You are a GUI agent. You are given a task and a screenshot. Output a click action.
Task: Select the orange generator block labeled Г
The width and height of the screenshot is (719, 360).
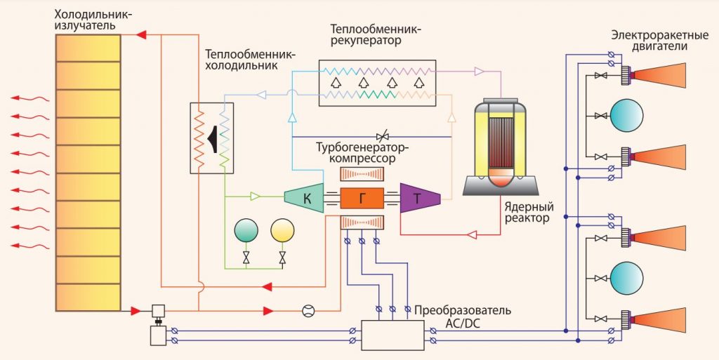point(362,199)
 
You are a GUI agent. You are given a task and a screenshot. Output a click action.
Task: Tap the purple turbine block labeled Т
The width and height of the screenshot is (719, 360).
point(418,199)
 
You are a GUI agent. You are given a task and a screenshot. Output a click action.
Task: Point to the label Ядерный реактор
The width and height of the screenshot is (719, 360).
point(528,213)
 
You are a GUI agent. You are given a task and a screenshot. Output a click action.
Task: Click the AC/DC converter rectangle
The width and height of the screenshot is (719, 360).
point(393,335)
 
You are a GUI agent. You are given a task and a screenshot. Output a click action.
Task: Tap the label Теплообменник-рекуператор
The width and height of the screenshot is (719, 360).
point(378,35)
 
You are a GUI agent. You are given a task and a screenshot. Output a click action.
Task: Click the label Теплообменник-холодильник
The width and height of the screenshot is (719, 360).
point(250,60)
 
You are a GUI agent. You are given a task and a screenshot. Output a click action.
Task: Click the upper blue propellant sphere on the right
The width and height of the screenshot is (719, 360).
point(626,115)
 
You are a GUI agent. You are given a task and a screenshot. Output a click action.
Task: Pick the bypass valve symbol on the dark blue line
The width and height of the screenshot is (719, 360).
point(382,135)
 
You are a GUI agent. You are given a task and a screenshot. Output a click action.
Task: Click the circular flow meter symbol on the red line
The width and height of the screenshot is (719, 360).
point(308,311)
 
